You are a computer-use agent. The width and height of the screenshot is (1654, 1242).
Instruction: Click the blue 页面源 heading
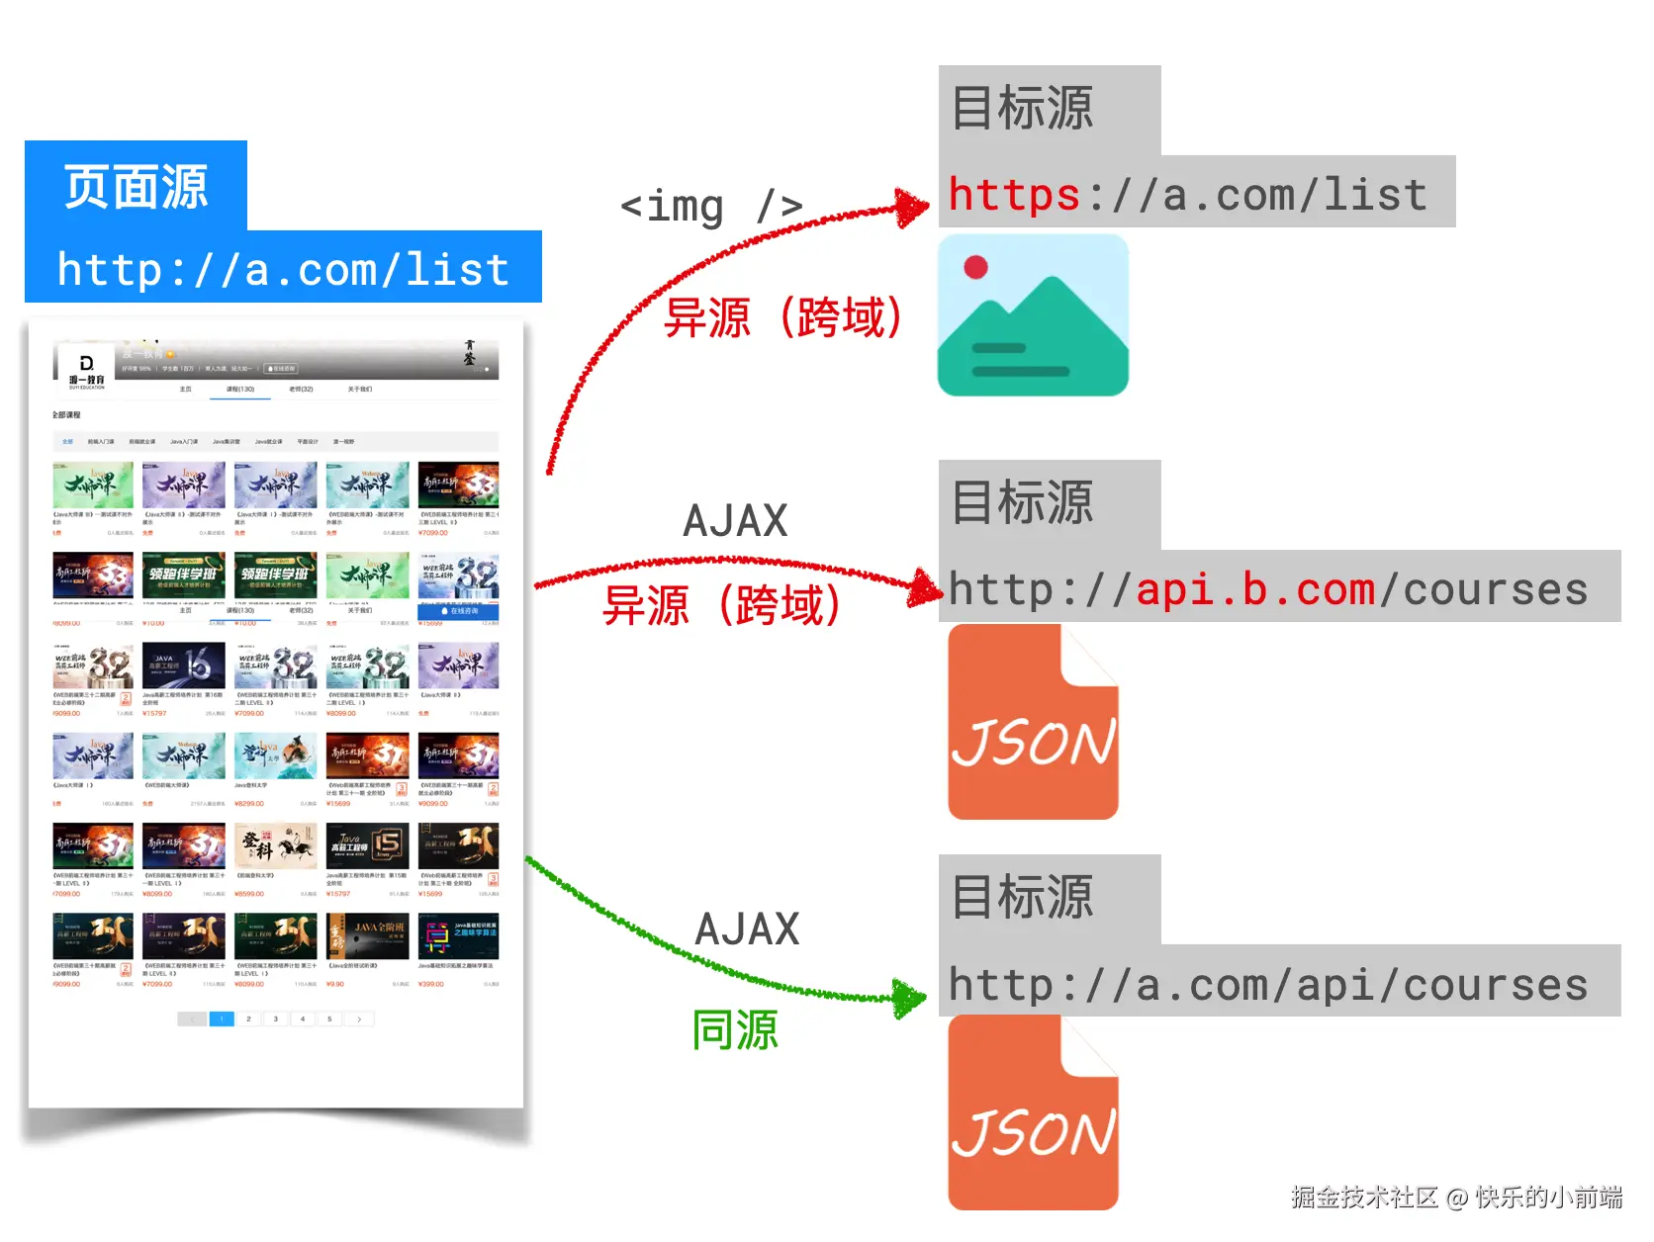137,187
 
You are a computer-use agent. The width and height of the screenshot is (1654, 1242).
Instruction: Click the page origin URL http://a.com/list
284,270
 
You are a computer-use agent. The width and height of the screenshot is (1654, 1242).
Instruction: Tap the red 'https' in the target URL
1013,194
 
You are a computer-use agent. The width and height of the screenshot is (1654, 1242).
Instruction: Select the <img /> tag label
710,207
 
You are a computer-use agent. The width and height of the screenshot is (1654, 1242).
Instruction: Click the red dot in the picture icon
976,267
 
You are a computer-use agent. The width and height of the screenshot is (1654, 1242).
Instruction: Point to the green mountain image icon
1033,316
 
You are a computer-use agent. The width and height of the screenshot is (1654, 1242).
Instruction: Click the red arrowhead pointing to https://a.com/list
911,207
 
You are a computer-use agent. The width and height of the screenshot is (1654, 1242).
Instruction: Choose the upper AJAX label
735,521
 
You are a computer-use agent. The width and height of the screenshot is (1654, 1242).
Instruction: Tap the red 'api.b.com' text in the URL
1255,589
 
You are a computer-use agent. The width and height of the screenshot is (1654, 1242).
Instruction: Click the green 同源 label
735,1030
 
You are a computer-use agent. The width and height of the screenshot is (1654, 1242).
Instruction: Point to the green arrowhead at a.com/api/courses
909,999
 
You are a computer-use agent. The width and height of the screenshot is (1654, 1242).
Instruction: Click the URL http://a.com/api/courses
1268,984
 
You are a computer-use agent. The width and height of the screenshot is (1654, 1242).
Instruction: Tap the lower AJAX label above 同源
747,930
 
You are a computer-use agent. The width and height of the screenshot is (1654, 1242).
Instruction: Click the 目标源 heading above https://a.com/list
1023,108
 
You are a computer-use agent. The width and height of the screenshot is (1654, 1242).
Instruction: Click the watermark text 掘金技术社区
1363,1198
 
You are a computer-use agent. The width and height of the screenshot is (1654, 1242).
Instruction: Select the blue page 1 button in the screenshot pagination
222,1019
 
